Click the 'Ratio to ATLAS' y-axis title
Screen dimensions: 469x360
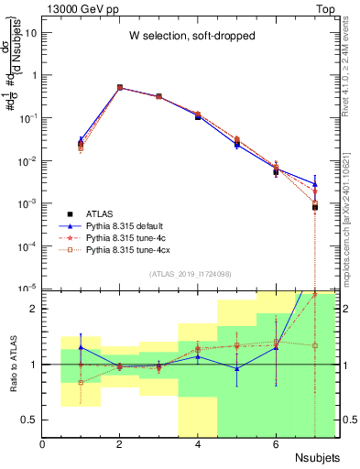pyautogui.click(x=11, y=364)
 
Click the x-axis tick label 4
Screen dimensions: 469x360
pyautogui.click(x=198, y=445)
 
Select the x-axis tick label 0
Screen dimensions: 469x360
pyautogui.click(x=43, y=445)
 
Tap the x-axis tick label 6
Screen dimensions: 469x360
pyautogui.click(x=276, y=445)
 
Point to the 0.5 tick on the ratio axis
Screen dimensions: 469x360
pyautogui.click(x=30, y=420)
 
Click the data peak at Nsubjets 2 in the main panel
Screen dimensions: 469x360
pyautogui.click(x=120, y=88)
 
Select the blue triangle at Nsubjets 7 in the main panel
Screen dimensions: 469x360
pyautogui.click(x=314, y=184)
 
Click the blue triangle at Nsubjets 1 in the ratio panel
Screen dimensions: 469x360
pyautogui.click(x=81, y=347)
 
